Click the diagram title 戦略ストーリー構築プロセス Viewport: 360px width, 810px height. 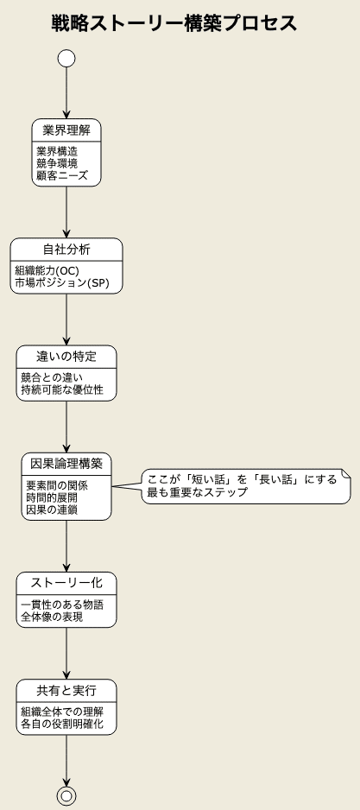(174, 24)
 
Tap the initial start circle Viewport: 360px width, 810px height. (66, 59)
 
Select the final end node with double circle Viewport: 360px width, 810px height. (66, 796)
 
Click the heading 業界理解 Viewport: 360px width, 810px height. (66, 130)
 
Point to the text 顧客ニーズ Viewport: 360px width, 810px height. (62, 176)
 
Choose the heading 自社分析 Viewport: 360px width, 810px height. (66, 250)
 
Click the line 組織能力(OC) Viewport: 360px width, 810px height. (47, 270)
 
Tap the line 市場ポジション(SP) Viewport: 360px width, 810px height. (62, 283)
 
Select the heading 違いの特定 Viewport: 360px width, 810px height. (66, 357)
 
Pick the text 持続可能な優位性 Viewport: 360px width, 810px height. (62, 390)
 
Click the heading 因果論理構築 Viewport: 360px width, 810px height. (66, 464)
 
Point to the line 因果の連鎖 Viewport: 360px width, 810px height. (52, 509)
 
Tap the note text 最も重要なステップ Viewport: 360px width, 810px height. (198, 492)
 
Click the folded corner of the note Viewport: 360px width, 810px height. (347, 472)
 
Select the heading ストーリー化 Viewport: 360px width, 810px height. (66, 583)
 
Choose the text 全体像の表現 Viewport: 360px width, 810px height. (52, 617)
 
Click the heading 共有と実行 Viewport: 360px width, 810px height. (66, 691)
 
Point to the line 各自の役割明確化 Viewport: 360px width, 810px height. (62, 725)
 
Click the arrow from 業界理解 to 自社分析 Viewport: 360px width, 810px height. (66, 212)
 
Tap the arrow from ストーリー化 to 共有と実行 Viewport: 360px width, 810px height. (66, 654)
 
